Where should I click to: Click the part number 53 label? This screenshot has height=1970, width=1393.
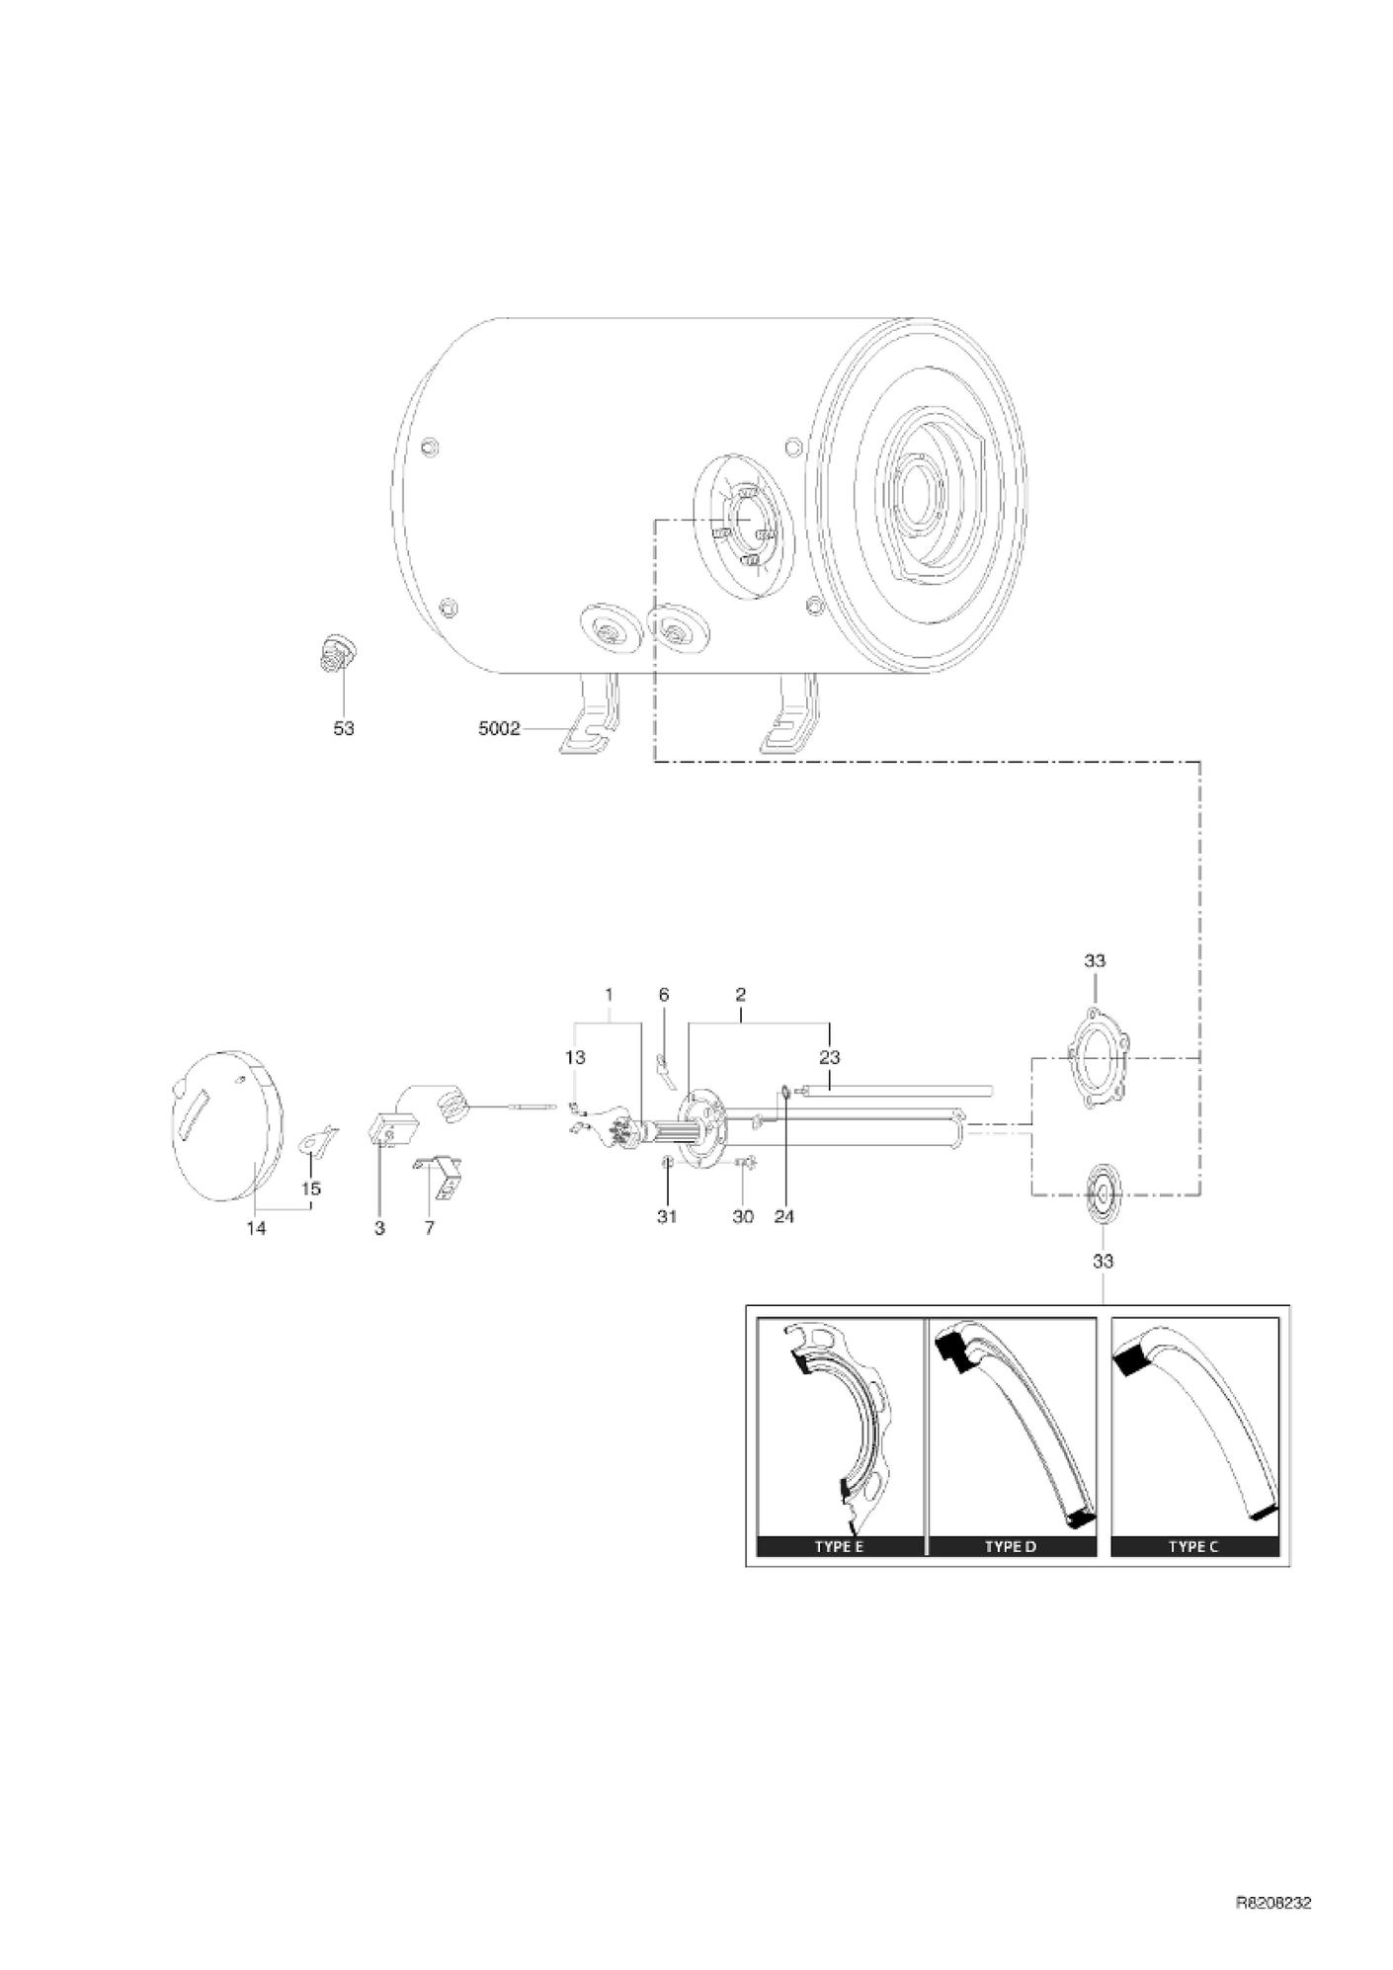click(343, 728)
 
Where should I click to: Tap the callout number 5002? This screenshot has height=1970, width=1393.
click(499, 728)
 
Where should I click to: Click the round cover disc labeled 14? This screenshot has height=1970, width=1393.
click(224, 1124)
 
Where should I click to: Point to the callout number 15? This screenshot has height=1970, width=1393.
click(311, 1189)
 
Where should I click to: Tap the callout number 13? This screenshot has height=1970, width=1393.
click(575, 1057)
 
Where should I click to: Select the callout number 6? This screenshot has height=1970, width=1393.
click(664, 994)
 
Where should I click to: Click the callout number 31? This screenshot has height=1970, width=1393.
click(667, 1216)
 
